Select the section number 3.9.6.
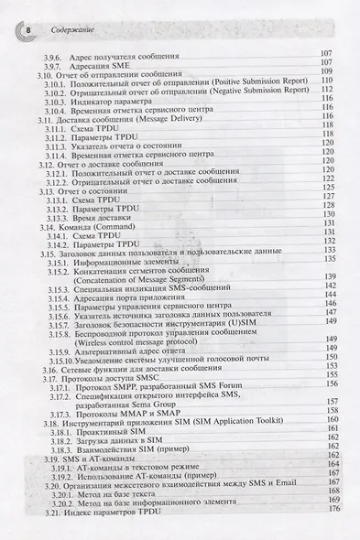57,58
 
